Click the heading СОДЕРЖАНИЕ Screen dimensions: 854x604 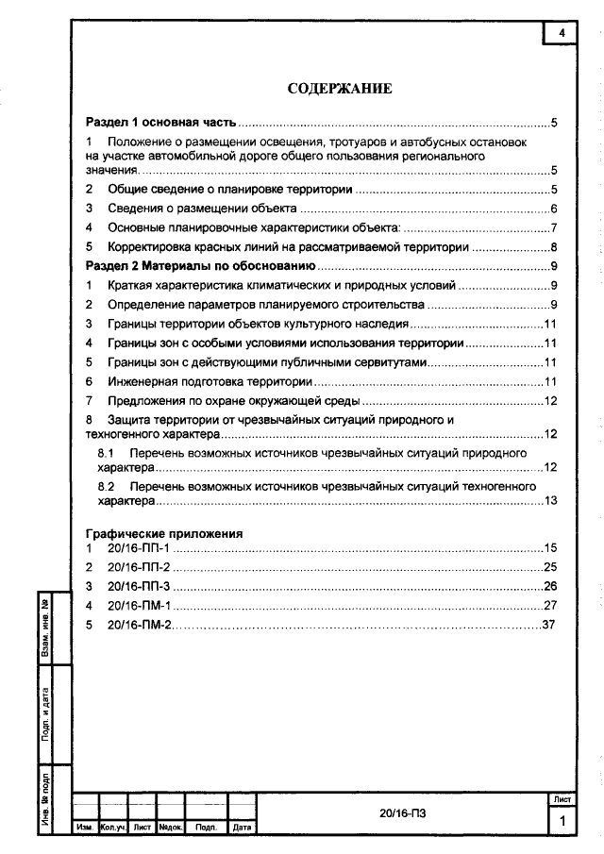click(x=339, y=89)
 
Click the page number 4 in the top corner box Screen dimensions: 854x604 click(x=562, y=33)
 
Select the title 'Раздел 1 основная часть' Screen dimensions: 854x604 click(x=160, y=123)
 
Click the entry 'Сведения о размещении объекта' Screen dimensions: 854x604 click(x=203, y=209)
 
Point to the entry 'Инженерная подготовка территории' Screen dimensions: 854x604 click(x=210, y=381)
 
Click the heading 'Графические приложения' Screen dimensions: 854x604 click(x=164, y=533)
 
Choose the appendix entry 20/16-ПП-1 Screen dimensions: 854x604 click(x=137, y=548)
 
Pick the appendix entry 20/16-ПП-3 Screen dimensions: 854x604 click(x=138, y=586)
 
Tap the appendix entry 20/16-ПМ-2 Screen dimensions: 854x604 click(x=138, y=625)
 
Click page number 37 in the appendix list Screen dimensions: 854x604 click(x=549, y=625)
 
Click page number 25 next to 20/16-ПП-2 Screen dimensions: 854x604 click(x=551, y=567)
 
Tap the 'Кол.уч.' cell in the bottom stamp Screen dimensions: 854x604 click(x=113, y=828)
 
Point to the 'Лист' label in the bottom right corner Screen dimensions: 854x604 click(x=561, y=799)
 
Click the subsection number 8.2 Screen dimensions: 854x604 click(x=106, y=485)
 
